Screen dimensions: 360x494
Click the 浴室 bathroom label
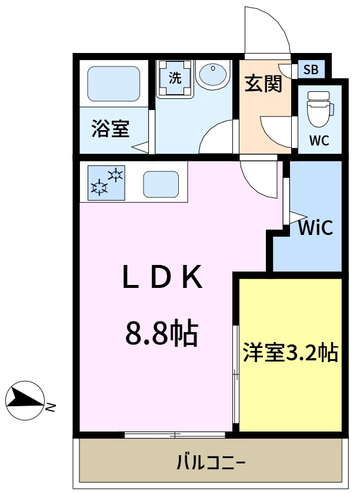pyautogui.click(x=110, y=129)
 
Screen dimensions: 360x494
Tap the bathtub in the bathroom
pyautogui.click(x=114, y=84)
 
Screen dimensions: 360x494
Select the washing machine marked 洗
pyautogui.click(x=175, y=79)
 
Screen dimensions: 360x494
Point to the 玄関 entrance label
pyautogui.click(x=264, y=84)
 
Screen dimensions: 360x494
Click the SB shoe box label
pyautogui.click(x=310, y=70)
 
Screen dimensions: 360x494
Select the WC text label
pyautogui.click(x=319, y=141)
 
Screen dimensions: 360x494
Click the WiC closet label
pyautogui.click(x=315, y=227)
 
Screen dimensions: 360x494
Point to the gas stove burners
pyautogui.click(x=107, y=181)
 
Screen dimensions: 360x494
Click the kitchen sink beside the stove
pyautogui.click(x=161, y=184)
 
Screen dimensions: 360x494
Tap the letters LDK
pyautogui.click(x=162, y=277)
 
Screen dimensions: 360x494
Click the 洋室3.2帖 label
pyautogui.click(x=291, y=353)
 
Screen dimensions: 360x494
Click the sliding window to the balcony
pyautogui.click(x=175, y=435)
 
